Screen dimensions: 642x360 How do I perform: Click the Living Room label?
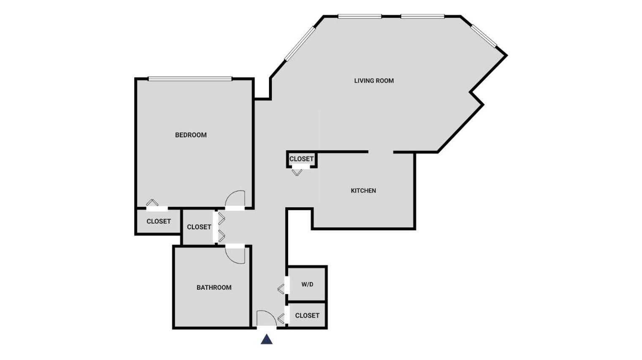tap(374, 81)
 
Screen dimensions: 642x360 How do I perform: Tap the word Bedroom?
tap(191, 135)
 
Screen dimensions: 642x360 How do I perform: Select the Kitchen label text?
tap(363, 191)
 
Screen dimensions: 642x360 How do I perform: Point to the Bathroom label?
tap(214, 287)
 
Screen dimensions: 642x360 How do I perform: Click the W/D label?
tap(307, 284)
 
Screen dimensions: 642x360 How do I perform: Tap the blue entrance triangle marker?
tap(267, 339)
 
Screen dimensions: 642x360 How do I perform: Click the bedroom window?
tap(190, 79)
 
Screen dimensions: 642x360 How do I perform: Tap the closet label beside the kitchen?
tap(301, 159)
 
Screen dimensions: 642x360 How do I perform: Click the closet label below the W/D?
tap(307, 316)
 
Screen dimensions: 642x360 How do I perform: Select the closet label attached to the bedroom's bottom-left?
tap(158, 221)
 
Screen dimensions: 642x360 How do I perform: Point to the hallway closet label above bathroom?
tap(199, 227)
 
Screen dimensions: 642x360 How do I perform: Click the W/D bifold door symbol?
tap(281, 289)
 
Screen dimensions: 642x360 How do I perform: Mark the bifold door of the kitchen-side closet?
tap(297, 172)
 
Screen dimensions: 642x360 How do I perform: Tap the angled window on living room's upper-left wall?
tap(300, 43)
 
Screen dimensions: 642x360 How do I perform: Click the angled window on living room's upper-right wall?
tap(484, 35)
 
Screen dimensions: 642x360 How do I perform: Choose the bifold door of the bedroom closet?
tap(152, 202)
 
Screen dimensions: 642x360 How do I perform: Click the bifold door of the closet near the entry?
tap(281, 319)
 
